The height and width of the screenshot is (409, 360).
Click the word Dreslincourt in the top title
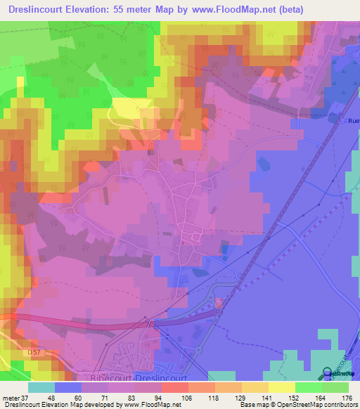(x=38, y=10)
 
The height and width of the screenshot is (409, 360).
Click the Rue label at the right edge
(x=353, y=121)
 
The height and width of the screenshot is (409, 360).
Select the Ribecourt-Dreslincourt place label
(x=136, y=377)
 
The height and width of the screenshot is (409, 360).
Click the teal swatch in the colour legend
(x=41, y=387)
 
